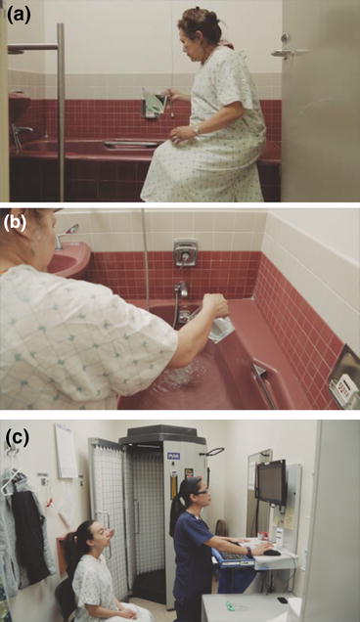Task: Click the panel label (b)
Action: (17, 218)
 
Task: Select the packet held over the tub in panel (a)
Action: (154, 102)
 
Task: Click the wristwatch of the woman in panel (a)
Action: (196, 129)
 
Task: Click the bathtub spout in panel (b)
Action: (181, 290)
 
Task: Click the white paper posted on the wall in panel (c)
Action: (66, 451)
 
